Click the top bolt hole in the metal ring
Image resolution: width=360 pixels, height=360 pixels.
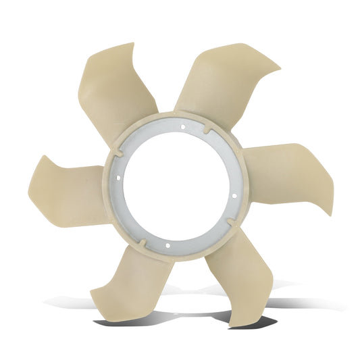183,126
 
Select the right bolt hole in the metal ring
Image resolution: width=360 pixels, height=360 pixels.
234,196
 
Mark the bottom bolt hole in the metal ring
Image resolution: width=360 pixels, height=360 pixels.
166,245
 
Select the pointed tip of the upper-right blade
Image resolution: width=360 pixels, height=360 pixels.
279,68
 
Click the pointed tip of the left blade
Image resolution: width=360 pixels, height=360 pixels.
45,157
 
